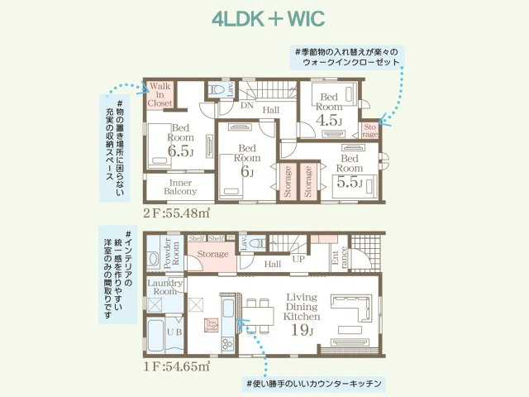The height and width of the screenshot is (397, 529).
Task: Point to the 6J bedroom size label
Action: [x=246, y=172]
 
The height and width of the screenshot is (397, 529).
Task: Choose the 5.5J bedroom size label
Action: [x=350, y=183]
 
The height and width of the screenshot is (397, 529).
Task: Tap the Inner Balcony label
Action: [x=180, y=187]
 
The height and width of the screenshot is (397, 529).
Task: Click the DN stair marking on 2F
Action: [x=246, y=106]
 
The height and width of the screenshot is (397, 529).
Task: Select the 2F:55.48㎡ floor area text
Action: [x=176, y=213]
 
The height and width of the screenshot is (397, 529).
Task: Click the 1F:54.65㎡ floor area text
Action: [x=176, y=365]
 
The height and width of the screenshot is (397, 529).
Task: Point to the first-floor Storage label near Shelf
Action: [x=213, y=255]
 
